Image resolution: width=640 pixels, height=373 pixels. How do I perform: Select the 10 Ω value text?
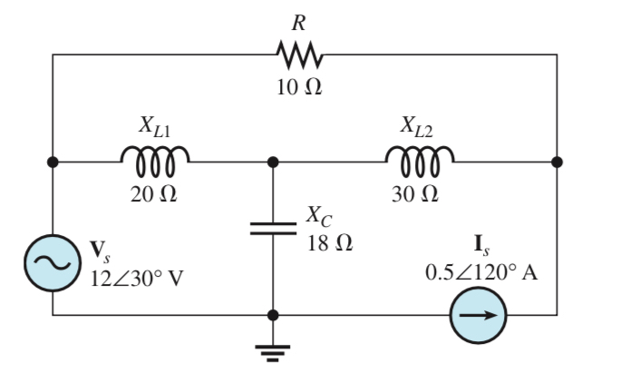coord(298,89)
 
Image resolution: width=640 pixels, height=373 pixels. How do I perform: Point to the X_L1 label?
coord(155,127)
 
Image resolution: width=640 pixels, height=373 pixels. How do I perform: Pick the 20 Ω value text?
coord(156,194)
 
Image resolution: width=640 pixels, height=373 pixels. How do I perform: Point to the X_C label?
coord(320,217)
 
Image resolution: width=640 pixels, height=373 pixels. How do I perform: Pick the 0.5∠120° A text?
coord(481,273)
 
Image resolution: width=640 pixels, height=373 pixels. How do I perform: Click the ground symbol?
coord(273,350)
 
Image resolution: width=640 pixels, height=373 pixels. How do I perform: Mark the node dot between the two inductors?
coord(273,162)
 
